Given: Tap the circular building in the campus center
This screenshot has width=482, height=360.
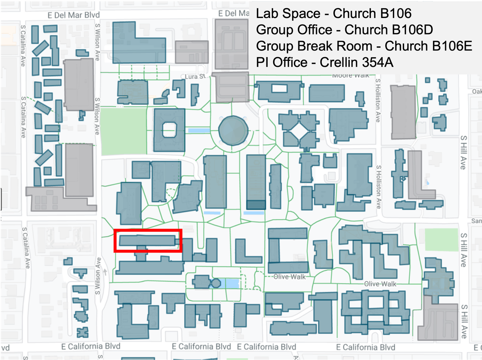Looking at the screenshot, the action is [233, 130].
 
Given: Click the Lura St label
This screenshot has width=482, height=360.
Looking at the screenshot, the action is [195, 76].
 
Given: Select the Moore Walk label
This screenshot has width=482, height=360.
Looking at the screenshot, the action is [351, 75].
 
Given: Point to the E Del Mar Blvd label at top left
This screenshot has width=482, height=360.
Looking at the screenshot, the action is [74, 15].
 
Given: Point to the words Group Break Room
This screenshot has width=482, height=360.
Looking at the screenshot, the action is [314, 46].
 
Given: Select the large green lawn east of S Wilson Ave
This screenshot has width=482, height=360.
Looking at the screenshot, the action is [124, 131].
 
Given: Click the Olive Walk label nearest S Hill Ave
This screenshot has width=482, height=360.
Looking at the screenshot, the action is [380, 284].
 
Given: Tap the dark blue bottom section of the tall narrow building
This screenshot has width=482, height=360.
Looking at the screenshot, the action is [256, 205].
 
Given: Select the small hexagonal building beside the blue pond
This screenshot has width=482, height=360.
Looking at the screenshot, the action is [216, 283].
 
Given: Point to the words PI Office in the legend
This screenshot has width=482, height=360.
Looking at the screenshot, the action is [282, 63].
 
